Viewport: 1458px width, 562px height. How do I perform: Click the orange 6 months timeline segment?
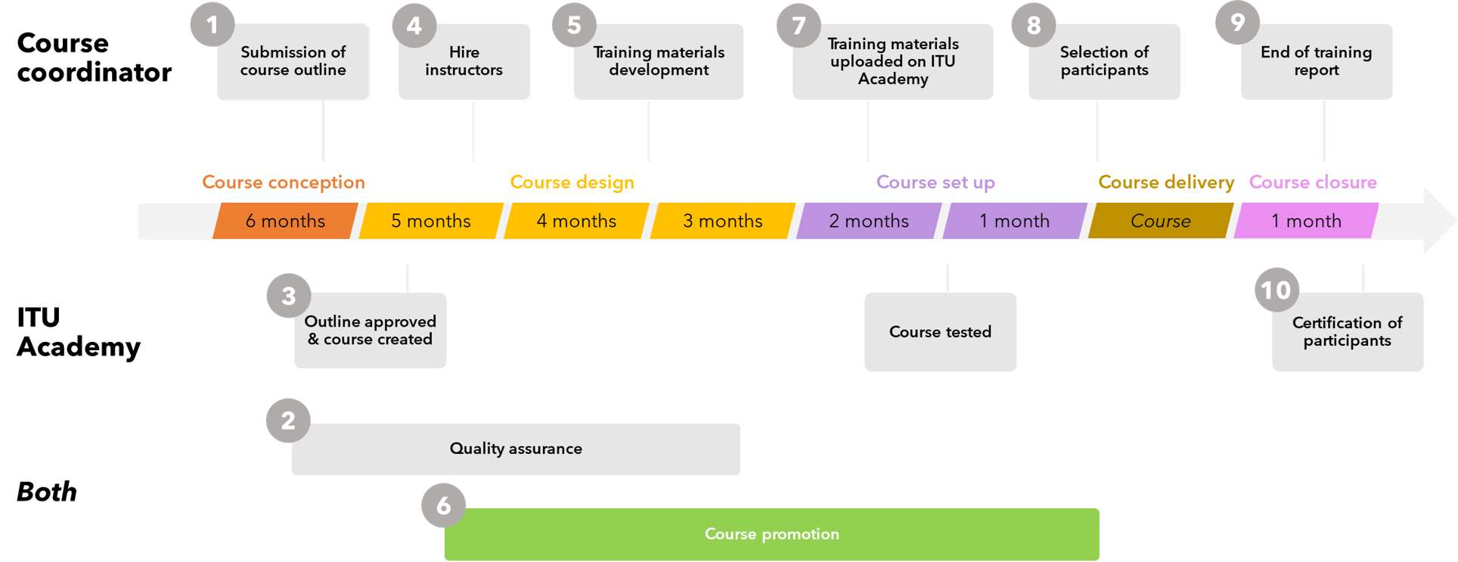pos(285,221)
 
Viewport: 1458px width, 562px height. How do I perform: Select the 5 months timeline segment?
pos(430,221)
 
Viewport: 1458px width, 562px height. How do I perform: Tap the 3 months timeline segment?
pos(722,221)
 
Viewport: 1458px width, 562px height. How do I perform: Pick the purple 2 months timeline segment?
pos(868,221)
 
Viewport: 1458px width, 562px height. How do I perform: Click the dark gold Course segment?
pos(1160,221)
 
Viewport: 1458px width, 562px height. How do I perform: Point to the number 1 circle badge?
pos(212,25)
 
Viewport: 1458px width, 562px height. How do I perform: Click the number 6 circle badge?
pos(443,505)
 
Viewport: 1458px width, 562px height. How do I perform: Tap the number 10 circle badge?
pos(1277,290)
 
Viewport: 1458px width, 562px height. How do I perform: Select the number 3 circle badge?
pos(288,296)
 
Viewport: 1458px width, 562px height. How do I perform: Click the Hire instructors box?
pos(464,61)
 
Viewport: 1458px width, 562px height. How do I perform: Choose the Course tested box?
pos(940,332)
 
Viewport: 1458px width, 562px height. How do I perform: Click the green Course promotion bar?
pos(771,534)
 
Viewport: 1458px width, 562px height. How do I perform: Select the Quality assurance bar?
pos(516,449)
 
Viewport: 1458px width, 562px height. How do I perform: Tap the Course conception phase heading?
pos(284,182)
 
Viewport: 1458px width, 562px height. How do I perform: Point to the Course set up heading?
pos(935,182)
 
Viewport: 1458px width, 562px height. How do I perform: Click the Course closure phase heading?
pos(1313,182)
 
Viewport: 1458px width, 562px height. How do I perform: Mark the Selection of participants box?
pos(1104,61)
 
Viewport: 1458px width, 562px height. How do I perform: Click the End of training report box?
pos(1316,61)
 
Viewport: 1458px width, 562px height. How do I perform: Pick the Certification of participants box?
pos(1347,332)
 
